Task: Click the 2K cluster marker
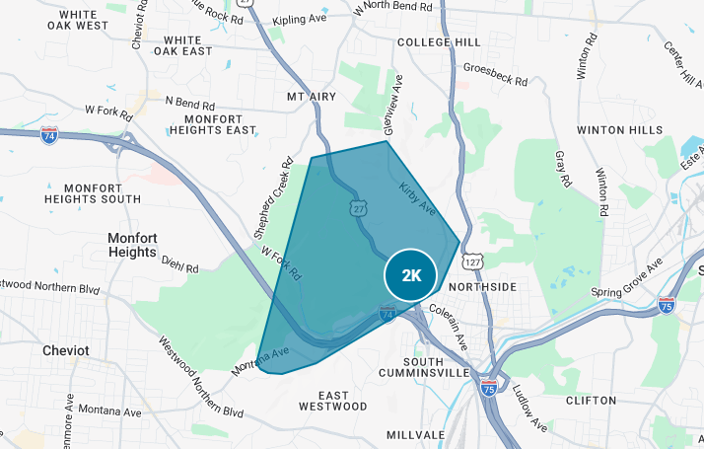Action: (411, 275)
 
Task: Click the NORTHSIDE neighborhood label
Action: (482, 286)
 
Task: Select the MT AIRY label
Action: (312, 97)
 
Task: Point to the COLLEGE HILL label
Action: (439, 43)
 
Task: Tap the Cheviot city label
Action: (66, 350)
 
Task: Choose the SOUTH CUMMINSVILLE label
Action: (424, 367)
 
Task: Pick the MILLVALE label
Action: (416, 434)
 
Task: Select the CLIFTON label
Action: (592, 401)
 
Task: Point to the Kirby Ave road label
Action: (416, 197)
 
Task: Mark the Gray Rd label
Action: (563, 169)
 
